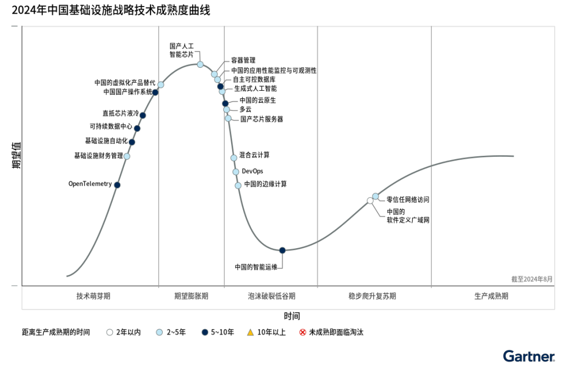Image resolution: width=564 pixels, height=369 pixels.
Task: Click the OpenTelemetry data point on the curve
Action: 117,185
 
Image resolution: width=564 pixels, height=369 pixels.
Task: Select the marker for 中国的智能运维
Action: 283,250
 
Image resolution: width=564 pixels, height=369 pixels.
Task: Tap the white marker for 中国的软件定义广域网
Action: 370,201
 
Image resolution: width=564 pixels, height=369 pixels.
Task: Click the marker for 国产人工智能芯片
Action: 200,65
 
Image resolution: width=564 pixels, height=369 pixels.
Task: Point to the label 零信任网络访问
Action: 408,200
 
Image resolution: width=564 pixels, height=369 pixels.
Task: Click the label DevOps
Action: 252,171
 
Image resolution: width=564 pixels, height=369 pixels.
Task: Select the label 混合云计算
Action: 255,155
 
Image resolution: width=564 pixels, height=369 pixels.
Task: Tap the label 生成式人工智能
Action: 256,88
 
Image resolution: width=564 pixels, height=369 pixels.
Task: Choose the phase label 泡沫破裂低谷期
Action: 272,296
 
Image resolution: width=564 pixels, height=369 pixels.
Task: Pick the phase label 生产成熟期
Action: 491,296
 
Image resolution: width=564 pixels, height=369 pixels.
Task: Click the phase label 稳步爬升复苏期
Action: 372,296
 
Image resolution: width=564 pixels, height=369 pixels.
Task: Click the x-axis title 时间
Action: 292,316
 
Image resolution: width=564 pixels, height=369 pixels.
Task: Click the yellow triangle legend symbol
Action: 250,332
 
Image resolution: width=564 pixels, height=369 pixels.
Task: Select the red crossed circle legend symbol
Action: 302,332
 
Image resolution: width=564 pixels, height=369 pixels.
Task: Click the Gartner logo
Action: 528,356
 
